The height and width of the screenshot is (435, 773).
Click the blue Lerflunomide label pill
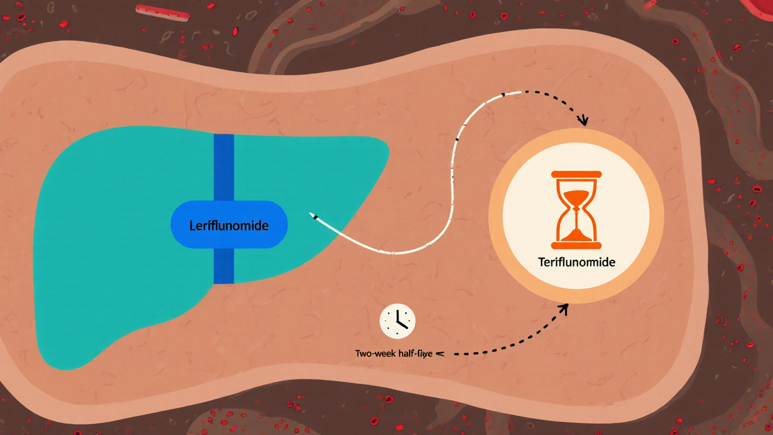tap(229, 225)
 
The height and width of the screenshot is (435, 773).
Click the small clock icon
tap(397, 321)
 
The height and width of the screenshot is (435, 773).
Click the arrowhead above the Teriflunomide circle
tap(583, 121)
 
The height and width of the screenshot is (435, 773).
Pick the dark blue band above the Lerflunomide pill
tap(223, 166)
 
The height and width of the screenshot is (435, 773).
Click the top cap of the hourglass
tap(576, 175)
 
